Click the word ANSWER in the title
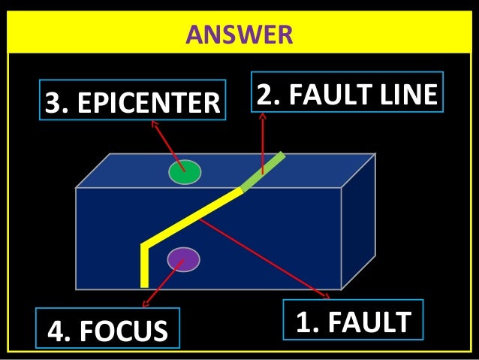(239, 35)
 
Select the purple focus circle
(184, 259)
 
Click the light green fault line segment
(263, 171)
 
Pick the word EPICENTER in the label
(147, 102)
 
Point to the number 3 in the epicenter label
(53, 102)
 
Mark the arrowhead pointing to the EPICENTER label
(155, 124)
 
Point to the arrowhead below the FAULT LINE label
(263, 116)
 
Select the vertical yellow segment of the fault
(144, 267)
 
